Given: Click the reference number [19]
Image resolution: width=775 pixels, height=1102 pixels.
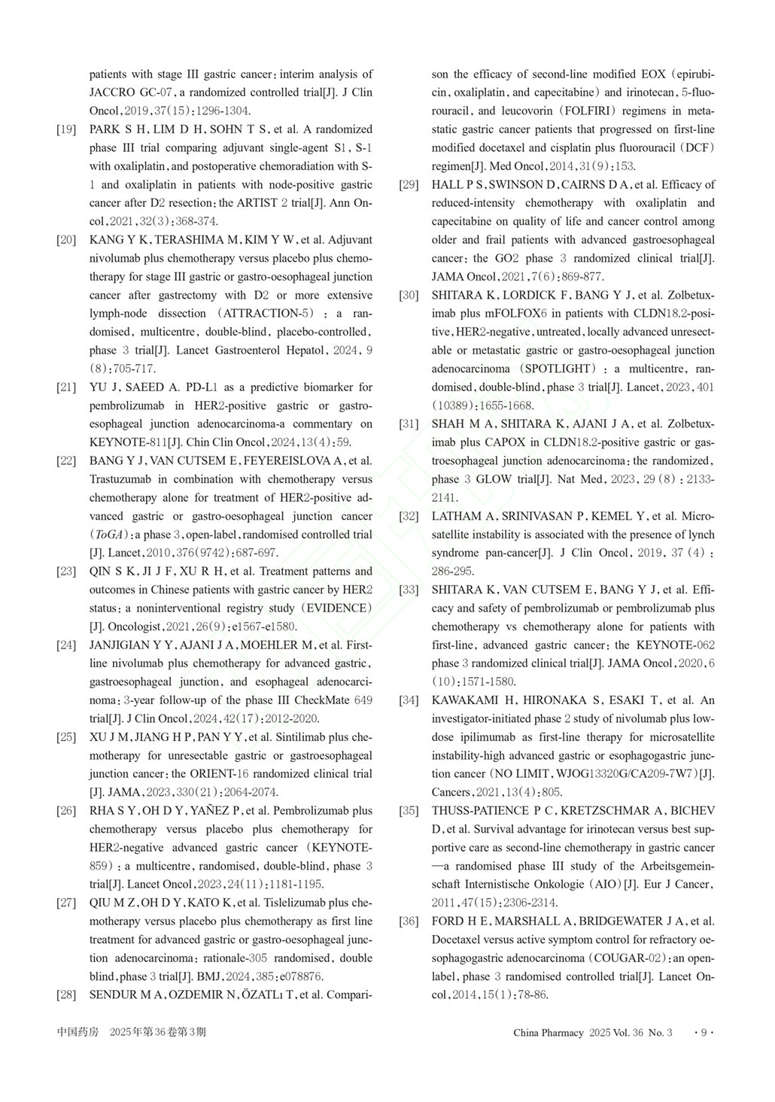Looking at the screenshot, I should pyautogui.click(x=66, y=129).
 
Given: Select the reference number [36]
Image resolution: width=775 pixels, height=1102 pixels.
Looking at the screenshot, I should pyautogui.click(x=409, y=921).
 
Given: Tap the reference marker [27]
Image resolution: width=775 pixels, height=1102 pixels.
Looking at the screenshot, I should pyautogui.click(x=66, y=903).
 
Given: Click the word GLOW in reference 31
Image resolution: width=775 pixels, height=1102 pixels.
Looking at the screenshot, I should pyautogui.click(x=496, y=479).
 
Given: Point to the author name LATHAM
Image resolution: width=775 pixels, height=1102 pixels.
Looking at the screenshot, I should pyautogui.click(x=455, y=516).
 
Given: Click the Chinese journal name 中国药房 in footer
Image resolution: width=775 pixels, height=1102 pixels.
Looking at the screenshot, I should pyautogui.click(x=77, y=1032).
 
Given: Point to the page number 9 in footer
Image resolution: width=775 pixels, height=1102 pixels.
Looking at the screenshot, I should pyautogui.click(x=704, y=1033).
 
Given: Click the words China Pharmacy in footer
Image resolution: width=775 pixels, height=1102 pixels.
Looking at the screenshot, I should pyautogui.click(x=549, y=1033).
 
